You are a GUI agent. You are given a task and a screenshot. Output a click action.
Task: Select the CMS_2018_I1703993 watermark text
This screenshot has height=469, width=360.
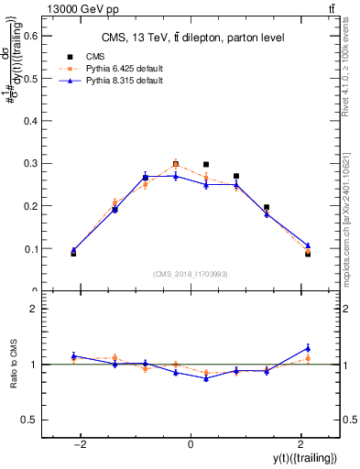[190, 274]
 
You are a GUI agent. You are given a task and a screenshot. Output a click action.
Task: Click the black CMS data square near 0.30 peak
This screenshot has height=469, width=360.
[176, 165]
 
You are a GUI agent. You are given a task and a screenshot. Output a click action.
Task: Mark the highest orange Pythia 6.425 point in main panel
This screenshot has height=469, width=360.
[176, 165]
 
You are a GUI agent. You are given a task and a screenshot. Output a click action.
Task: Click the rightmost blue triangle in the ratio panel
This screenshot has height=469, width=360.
[308, 348]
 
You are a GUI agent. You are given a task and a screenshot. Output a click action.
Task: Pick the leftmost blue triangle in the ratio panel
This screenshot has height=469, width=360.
[73, 355]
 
